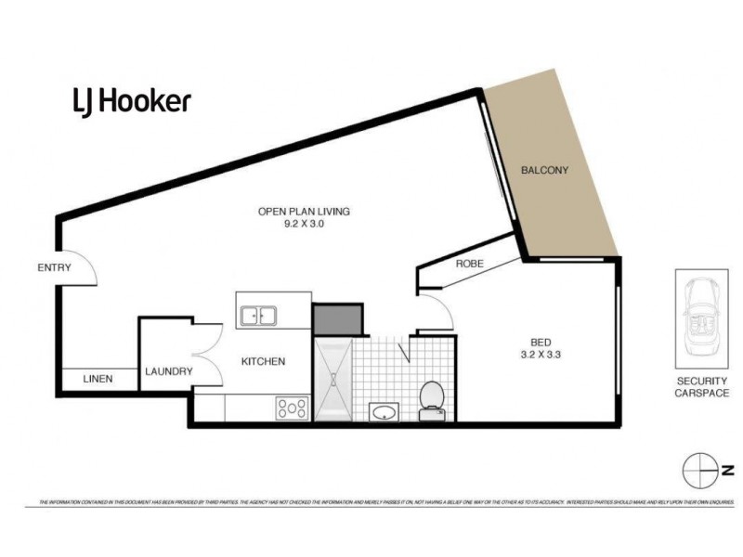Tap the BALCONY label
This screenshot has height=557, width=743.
(x=544, y=171)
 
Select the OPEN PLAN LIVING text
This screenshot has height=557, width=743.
(x=304, y=212)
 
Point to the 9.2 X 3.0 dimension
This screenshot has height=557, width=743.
(x=304, y=225)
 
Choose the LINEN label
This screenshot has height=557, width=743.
(x=98, y=379)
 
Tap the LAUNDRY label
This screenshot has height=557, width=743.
(x=168, y=372)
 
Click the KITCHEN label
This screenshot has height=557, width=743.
(x=263, y=361)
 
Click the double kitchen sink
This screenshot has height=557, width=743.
(x=260, y=317)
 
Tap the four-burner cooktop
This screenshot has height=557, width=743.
(x=292, y=407)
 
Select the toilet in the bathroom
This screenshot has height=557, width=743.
(x=431, y=399)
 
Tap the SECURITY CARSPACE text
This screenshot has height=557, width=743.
(x=702, y=387)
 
